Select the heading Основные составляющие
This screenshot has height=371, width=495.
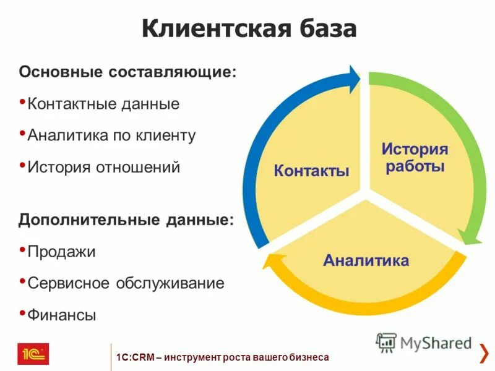[127, 72]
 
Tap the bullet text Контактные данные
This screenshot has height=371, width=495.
[103, 103]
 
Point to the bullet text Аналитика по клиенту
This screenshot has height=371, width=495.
[111, 135]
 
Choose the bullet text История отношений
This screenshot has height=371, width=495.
[104, 167]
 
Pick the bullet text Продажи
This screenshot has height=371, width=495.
[61, 252]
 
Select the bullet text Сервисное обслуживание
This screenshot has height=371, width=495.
[126, 283]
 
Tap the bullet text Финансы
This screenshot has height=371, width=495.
[62, 315]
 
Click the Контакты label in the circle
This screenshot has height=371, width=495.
[311, 171]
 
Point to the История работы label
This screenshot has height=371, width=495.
[415, 158]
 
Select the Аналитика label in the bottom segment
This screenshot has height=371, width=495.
[366, 260]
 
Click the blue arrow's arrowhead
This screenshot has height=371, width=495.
[353, 79]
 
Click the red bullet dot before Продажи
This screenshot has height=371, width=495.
[23, 249]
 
